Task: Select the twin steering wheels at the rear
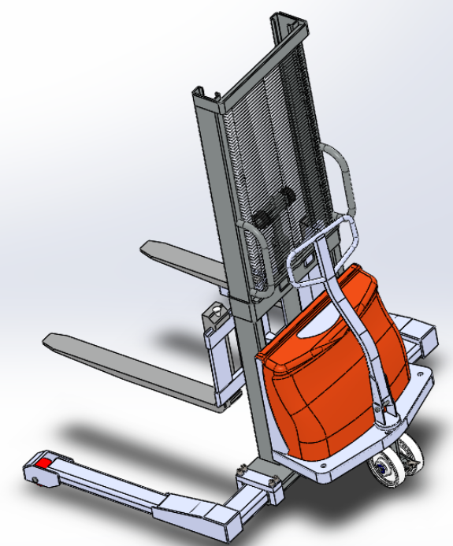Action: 394,465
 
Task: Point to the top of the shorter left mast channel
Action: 204,95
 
